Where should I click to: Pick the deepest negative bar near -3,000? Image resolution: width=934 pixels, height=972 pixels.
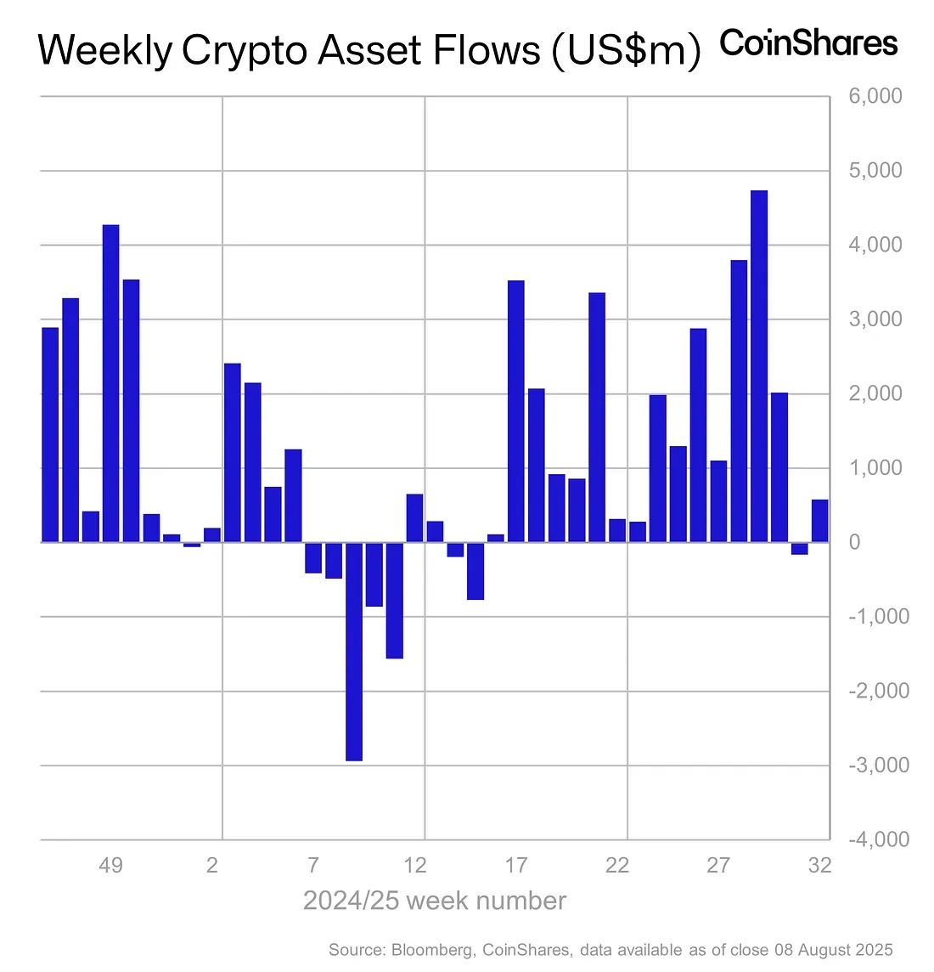[354, 651]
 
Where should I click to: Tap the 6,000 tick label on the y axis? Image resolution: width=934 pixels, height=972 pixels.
[875, 96]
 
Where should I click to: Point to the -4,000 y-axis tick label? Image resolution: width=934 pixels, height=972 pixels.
[878, 839]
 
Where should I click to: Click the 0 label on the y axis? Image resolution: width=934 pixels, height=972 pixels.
[854, 542]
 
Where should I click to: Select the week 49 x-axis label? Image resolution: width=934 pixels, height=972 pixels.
[110, 866]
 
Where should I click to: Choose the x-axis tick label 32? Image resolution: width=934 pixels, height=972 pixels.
[819, 866]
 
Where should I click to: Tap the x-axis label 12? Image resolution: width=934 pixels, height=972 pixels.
[414, 866]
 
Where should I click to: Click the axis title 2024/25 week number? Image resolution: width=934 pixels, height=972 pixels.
[434, 901]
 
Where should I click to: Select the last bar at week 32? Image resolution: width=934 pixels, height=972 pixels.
[819, 521]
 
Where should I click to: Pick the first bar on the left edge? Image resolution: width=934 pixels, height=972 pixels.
[50, 434]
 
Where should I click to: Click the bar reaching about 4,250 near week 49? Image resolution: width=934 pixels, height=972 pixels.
[111, 383]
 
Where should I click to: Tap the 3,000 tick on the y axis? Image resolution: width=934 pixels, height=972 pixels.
[875, 319]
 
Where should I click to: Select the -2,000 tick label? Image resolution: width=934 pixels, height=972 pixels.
[878, 691]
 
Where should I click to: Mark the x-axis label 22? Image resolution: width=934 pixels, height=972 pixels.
[617, 866]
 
